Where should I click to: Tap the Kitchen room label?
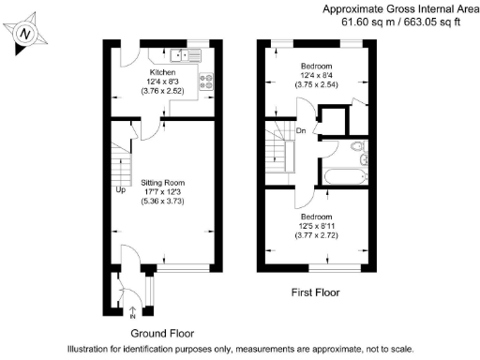[x=163, y=72]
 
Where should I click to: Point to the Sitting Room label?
[x=163, y=182]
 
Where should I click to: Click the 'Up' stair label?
[x=120, y=190]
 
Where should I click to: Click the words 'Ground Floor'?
[x=161, y=333]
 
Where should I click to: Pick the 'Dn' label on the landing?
[x=300, y=131]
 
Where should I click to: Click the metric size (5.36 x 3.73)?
[x=163, y=202]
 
